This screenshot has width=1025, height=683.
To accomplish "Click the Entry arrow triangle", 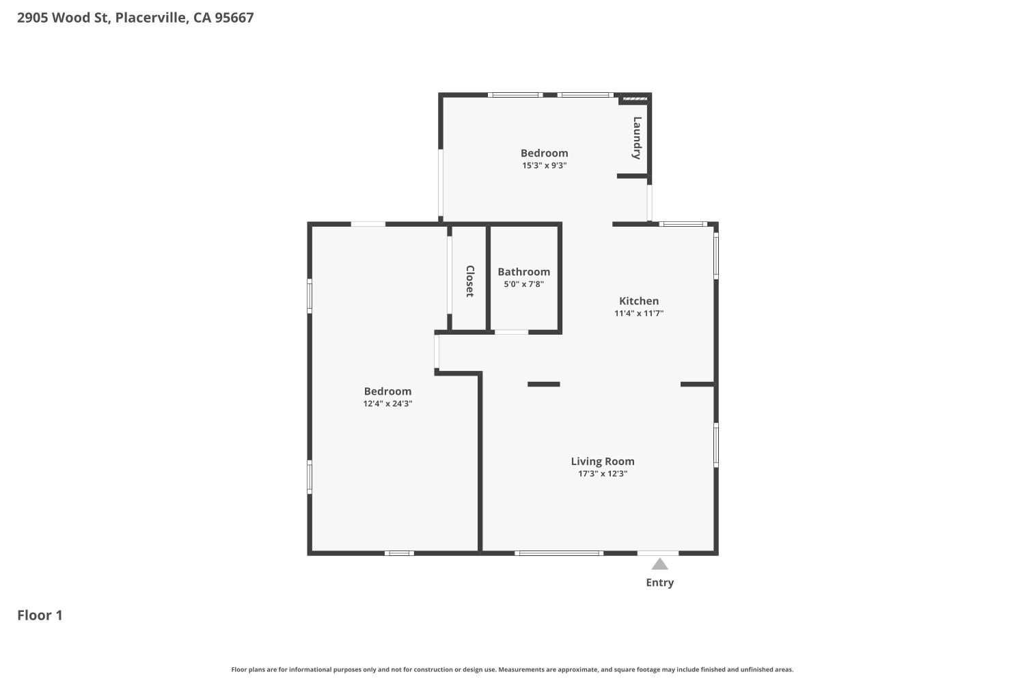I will [659, 564].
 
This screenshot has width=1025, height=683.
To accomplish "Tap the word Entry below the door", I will [659, 583].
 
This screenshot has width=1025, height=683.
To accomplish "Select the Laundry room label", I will [637, 138].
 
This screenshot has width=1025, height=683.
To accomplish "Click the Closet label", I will [470, 281].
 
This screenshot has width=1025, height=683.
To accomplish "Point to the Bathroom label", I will [523, 272].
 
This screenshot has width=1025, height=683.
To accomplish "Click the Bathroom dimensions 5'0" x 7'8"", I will [523, 284].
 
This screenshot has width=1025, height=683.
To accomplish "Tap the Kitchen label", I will [639, 301].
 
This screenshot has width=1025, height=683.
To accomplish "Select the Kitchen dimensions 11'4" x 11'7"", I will [639, 313].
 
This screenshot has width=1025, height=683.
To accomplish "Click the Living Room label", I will [603, 462].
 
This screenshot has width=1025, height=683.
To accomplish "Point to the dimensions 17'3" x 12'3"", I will [603, 474].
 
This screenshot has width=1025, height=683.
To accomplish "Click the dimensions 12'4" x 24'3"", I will [387, 404].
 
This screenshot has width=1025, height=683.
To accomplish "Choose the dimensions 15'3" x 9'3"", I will [544, 165].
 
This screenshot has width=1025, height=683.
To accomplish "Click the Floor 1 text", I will [40, 615].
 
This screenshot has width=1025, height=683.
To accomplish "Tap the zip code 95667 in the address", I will [234, 18].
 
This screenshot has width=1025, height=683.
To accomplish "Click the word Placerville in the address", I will [150, 18].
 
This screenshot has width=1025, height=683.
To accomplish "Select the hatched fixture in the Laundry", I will [635, 99].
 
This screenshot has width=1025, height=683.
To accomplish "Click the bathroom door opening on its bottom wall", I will [511, 333].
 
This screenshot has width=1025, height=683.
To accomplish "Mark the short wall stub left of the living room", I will [544, 385].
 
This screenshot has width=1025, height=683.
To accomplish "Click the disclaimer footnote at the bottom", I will [512, 670].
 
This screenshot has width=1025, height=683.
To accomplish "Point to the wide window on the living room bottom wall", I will [558, 553].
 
